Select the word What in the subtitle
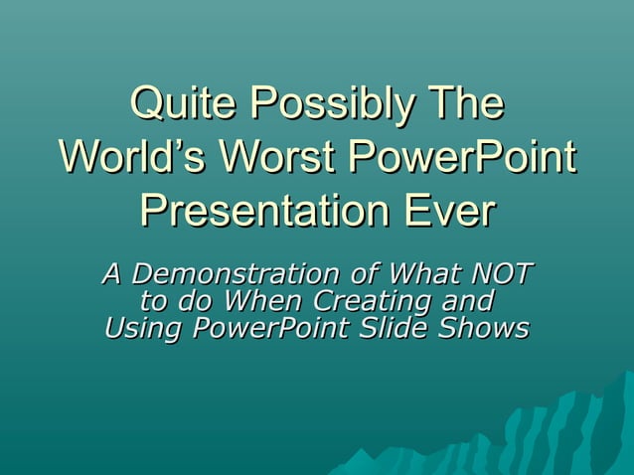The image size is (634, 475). coord(420,272)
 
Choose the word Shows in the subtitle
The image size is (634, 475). coord(484,327)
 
